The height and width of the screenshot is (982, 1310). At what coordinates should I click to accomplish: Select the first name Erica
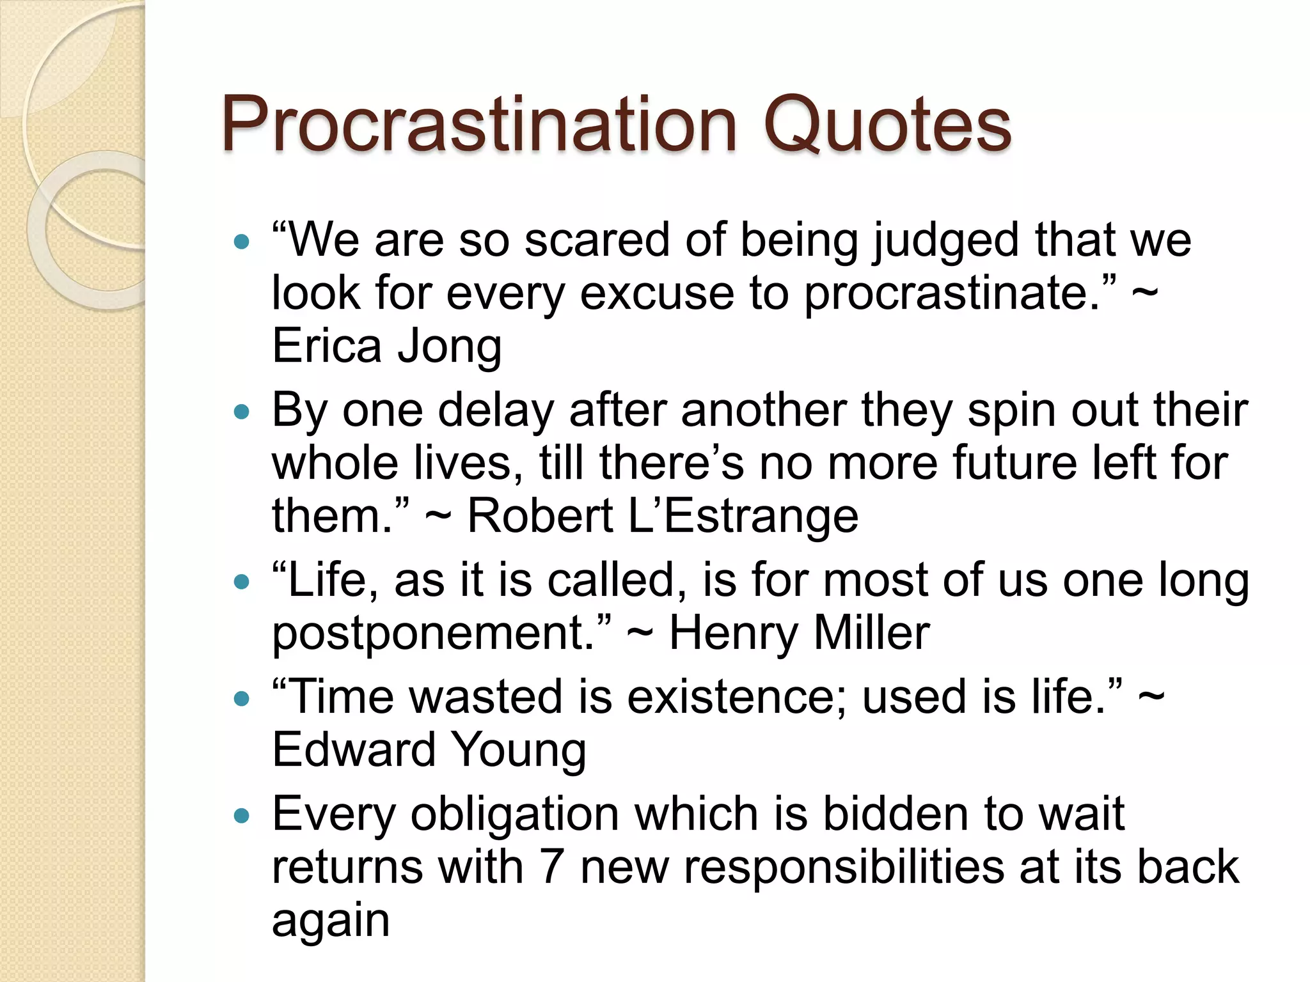(x=327, y=346)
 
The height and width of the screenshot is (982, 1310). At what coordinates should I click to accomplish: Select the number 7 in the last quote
(x=551, y=868)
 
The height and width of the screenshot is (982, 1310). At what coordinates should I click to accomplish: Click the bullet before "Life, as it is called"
(x=241, y=582)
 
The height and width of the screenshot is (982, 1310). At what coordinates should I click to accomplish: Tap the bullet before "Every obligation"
(x=241, y=816)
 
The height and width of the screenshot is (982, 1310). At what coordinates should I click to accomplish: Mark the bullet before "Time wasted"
(x=241, y=699)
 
